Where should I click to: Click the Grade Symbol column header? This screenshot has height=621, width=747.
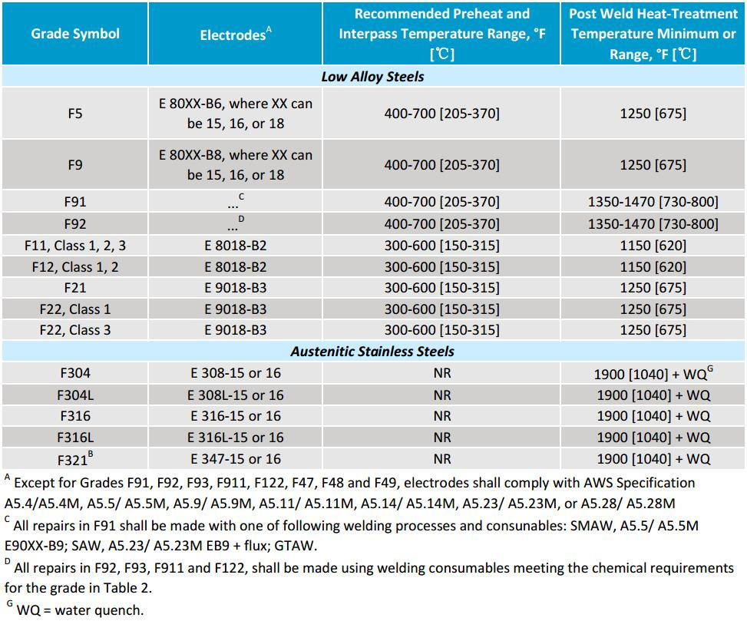[x=75, y=34]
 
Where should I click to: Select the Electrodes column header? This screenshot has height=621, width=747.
[x=235, y=35]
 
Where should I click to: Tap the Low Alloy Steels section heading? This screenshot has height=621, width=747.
[x=372, y=77]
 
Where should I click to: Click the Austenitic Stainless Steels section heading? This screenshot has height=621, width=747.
[x=372, y=352]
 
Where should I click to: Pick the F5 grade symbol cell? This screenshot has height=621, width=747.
[x=75, y=114]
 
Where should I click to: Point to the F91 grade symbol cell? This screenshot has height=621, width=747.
[x=75, y=203]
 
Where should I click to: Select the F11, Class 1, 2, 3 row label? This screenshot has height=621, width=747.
[x=75, y=246]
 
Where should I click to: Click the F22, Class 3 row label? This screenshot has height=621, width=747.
[x=75, y=330]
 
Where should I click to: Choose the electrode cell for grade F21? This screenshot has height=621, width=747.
[x=235, y=288]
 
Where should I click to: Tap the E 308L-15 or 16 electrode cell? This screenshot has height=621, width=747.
[x=235, y=395]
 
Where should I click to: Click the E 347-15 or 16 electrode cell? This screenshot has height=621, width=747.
[x=235, y=459]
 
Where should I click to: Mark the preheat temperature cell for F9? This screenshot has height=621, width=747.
[x=441, y=165]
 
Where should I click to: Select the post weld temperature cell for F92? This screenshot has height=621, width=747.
[x=653, y=224]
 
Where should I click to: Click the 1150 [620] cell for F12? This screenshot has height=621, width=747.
[x=653, y=267]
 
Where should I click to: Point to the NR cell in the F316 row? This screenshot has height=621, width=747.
[x=441, y=416]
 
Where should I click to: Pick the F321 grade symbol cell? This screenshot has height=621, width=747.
[x=75, y=459]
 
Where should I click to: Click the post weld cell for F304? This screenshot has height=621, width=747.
[x=653, y=374]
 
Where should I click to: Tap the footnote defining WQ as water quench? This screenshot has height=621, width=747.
[x=77, y=611]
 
